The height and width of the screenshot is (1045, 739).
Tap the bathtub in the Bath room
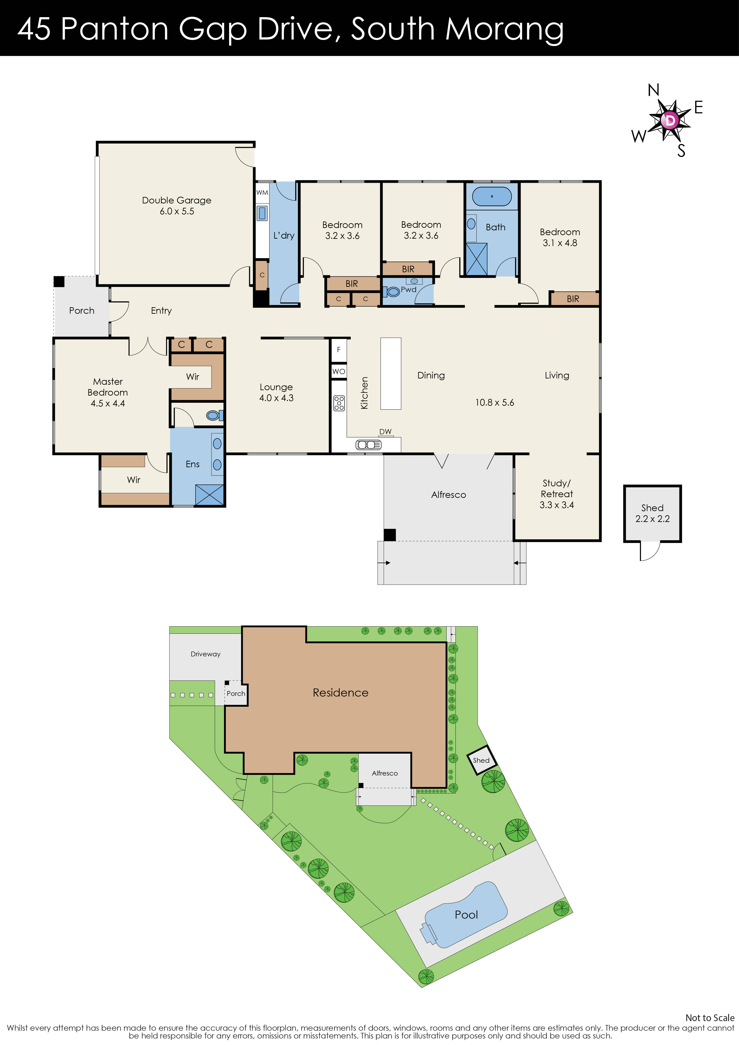pyautogui.click(x=492, y=197)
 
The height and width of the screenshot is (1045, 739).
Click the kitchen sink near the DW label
pyautogui.click(x=368, y=445)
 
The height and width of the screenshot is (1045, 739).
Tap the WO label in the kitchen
pyautogui.click(x=339, y=371)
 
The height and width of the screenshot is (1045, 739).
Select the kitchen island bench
pyautogui.click(x=391, y=373)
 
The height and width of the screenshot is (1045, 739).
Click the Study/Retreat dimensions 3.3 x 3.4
pyautogui.click(x=556, y=505)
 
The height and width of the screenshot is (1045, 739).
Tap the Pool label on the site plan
pyautogui.click(x=466, y=915)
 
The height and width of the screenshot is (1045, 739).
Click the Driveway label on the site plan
pyautogui.click(x=205, y=654)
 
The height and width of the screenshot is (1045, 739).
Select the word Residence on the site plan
pyautogui.click(x=341, y=693)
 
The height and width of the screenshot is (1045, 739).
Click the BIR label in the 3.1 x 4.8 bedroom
pyautogui.click(x=573, y=299)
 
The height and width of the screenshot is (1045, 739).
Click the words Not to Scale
pyautogui.click(x=709, y=1018)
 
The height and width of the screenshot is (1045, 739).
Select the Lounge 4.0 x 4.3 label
pyautogui.click(x=276, y=392)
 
